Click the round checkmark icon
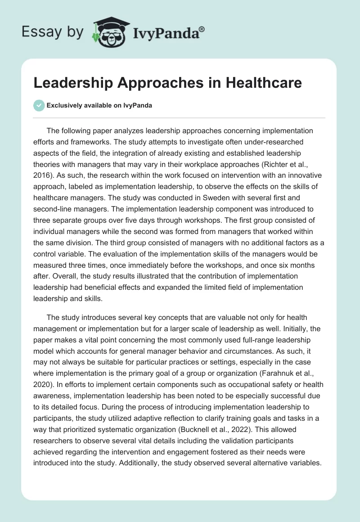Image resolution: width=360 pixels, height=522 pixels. (39, 105)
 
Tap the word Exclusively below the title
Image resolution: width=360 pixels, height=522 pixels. (63, 106)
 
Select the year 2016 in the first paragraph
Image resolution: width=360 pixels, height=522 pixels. (43, 178)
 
